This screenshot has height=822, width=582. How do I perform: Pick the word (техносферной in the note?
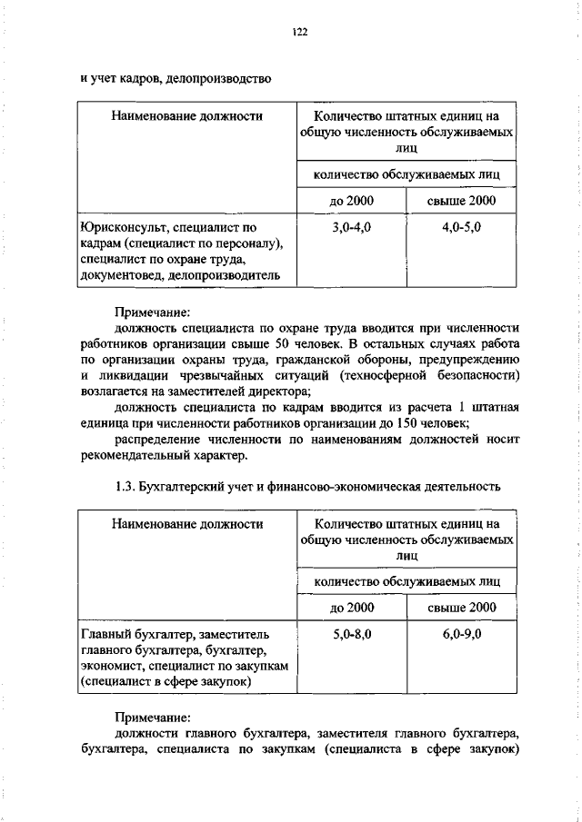(373, 375)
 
